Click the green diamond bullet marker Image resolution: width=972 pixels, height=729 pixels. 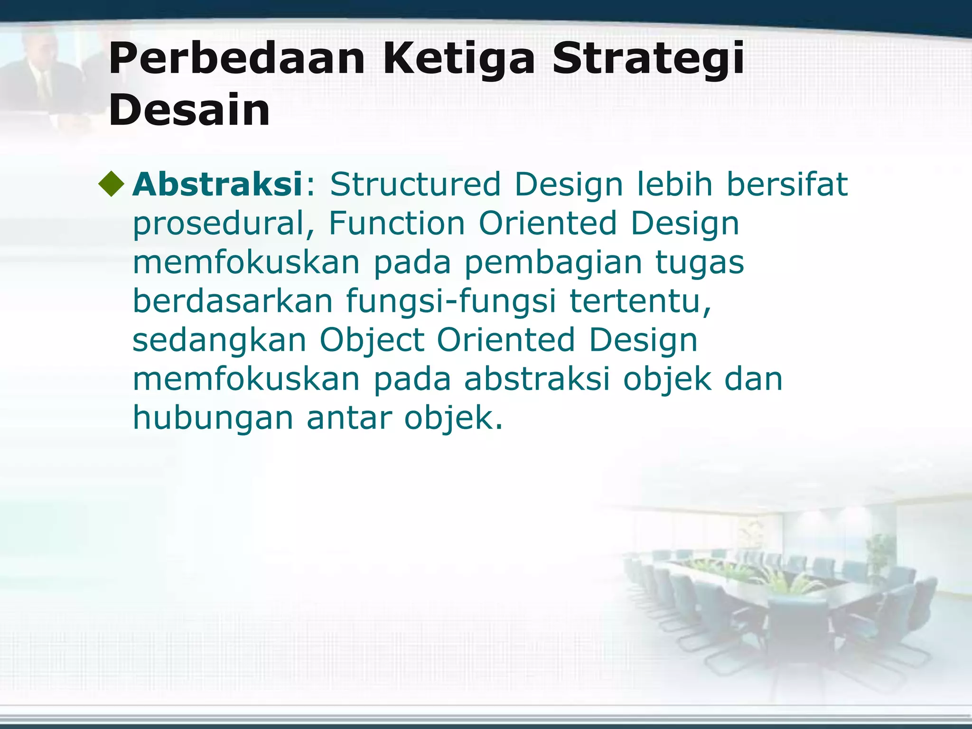click(x=112, y=185)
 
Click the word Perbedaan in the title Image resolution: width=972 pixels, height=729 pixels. click(x=236, y=59)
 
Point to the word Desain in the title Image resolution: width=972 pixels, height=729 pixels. click(x=189, y=110)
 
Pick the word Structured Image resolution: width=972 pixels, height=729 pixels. click(x=415, y=184)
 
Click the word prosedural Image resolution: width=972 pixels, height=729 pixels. click(x=218, y=224)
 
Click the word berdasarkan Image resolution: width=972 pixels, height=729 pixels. click(x=233, y=301)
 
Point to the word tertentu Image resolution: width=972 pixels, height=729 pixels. click(x=640, y=301)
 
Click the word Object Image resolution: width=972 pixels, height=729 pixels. click(x=372, y=341)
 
